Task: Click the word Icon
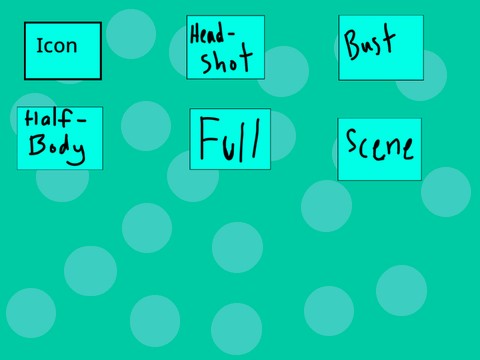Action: pyautogui.click(x=57, y=45)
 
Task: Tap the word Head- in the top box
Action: pyautogui.click(x=212, y=33)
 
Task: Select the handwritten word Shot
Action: pyautogui.click(x=226, y=59)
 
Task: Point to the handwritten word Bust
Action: pyautogui.click(x=370, y=42)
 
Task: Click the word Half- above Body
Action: pyautogui.click(x=55, y=118)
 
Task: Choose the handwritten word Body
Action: pyautogui.click(x=56, y=149)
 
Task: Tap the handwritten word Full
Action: pyautogui.click(x=229, y=139)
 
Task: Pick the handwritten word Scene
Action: pyautogui.click(x=380, y=145)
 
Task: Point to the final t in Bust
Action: pyautogui.click(x=388, y=38)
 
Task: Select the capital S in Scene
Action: pyautogui.click(x=352, y=141)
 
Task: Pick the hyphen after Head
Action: pyautogui.click(x=231, y=33)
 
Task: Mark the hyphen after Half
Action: pyautogui.click(x=81, y=120)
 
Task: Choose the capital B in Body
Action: pyautogui.click(x=37, y=145)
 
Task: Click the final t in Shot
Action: pyautogui.click(x=244, y=57)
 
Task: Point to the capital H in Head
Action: pyautogui.click(x=195, y=34)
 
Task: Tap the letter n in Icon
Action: pyautogui.click(x=72, y=48)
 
